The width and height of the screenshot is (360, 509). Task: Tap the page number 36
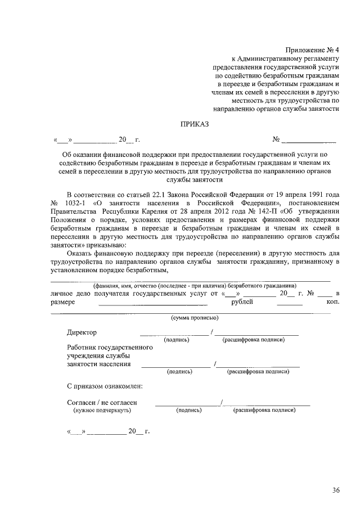point(335,490)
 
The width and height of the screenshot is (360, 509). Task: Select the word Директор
point(82,332)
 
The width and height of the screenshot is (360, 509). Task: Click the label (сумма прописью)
point(195,318)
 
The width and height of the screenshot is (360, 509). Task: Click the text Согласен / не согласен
point(102,403)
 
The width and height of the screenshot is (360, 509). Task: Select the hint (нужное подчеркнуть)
point(102,411)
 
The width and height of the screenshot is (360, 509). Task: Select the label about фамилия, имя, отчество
point(191,285)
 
